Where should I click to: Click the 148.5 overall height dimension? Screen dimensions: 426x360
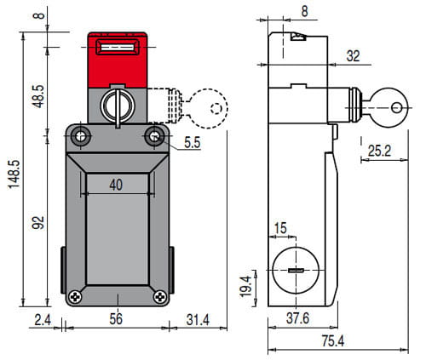[x=14, y=174]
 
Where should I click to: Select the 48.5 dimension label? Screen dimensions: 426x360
[x=38, y=96]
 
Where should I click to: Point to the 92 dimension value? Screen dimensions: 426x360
[x=38, y=223]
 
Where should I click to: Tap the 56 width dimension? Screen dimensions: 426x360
[x=116, y=319]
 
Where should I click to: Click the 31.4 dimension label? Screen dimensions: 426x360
[x=198, y=320]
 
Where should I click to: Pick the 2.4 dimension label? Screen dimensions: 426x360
[x=43, y=320]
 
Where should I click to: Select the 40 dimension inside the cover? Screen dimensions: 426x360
[x=116, y=185]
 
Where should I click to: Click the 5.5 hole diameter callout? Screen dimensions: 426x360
[x=193, y=142]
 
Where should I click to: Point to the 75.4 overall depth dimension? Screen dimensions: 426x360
[x=333, y=340]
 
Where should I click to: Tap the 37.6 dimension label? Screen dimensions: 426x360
[x=297, y=318]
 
